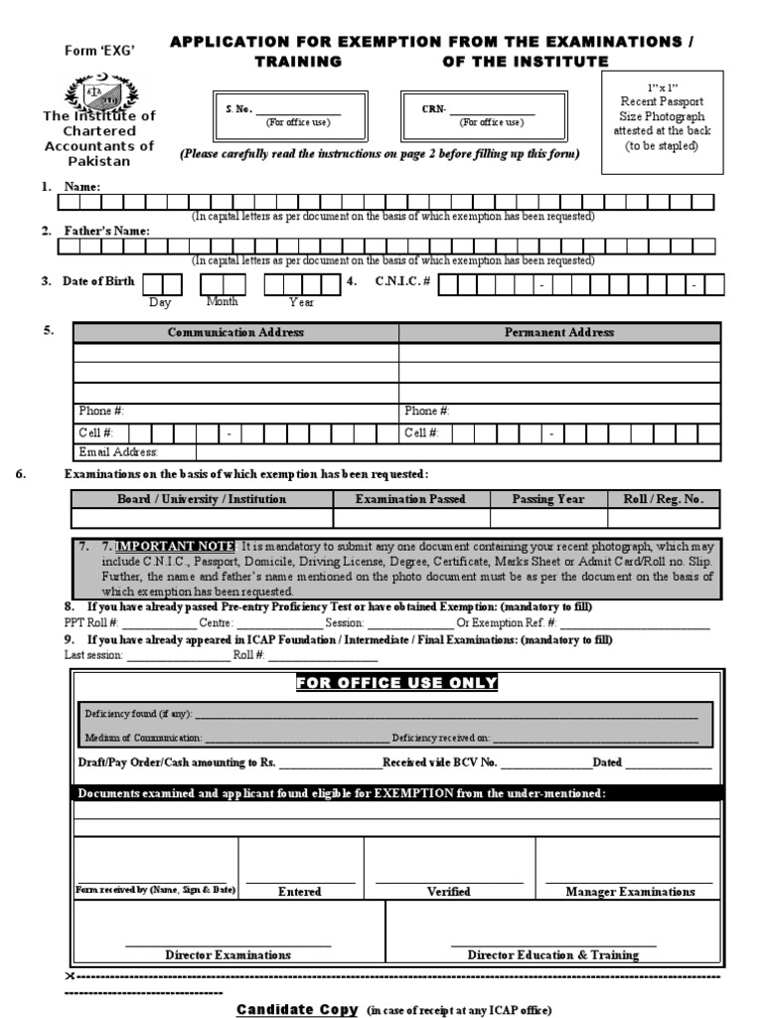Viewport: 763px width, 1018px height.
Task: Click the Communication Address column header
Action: click(x=235, y=333)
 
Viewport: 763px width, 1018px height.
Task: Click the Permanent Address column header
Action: click(x=559, y=333)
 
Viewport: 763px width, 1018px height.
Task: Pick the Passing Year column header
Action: click(x=548, y=499)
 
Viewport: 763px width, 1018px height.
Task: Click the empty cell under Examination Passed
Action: click(x=411, y=518)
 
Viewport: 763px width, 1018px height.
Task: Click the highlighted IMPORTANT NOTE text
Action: click(x=175, y=547)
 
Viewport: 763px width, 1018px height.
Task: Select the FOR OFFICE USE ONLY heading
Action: click(x=396, y=682)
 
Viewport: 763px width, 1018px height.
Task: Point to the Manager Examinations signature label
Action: click(x=630, y=892)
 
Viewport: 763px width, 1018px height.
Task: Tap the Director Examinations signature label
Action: click(x=228, y=954)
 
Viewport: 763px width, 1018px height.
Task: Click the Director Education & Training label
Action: click(x=552, y=954)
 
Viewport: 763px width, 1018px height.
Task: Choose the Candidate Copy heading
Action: click(x=296, y=1009)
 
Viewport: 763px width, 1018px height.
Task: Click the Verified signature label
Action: click(x=448, y=892)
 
